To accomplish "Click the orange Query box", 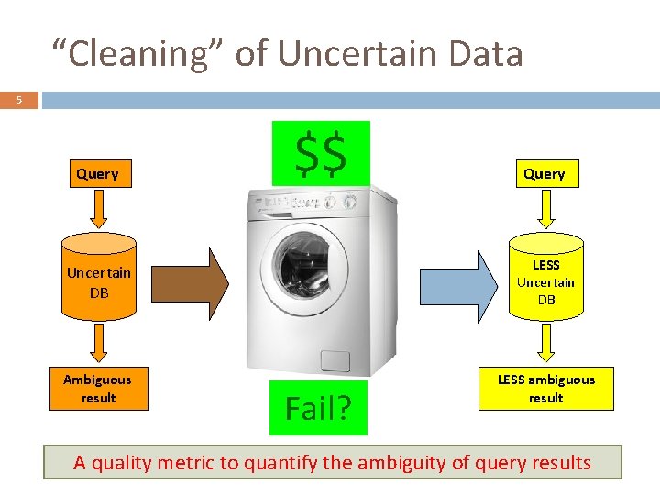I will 97,173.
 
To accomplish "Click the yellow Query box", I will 544,173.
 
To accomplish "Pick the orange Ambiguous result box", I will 97,389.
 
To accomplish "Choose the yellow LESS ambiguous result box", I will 545,389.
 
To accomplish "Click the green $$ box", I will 321,152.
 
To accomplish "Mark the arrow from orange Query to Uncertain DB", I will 99,209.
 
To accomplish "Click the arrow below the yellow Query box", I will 545,209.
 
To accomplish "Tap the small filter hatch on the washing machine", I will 335,360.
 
